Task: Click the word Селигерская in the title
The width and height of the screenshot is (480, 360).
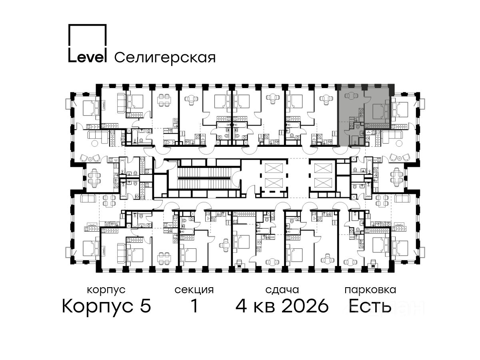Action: click(x=165, y=58)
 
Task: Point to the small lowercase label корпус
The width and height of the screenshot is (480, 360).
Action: click(x=106, y=290)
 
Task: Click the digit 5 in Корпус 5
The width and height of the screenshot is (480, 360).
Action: click(x=146, y=306)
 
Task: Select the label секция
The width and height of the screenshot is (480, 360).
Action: click(x=194, y=290)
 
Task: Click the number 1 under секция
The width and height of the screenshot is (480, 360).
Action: click(x=194, y=306)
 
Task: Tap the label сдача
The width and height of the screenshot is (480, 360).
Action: click(x=282, y=290)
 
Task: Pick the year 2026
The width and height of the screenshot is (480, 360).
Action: click(x=306, y=306)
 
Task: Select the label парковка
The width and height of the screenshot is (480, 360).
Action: click(x=370, y=290)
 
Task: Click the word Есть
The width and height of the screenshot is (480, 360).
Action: click(x=370, y=306)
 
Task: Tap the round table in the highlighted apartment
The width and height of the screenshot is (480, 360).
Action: click(x=351, y=96)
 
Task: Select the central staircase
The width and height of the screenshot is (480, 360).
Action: click(x=204, y=178)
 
